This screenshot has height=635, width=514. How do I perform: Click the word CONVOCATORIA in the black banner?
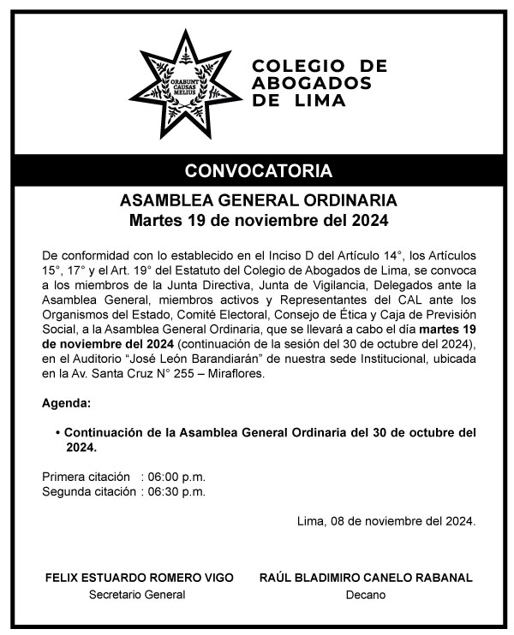pyautogui.click(x=258, y=168)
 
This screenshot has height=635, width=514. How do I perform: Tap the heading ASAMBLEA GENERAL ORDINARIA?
pyautogui.click(x=258, y=203)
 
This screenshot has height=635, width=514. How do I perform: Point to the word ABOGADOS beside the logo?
pyautogui.click(x=312, y=83)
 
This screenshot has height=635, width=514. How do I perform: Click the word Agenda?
pyautogui.click(x=65, y=403)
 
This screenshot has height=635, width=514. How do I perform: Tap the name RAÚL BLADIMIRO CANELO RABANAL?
pyautogui.click(x=366, y=578)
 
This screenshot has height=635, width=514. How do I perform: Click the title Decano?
pyautogui.click(x=366, y=595)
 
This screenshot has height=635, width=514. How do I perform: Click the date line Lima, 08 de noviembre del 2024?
pyautogui.click(x=385, y=520)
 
